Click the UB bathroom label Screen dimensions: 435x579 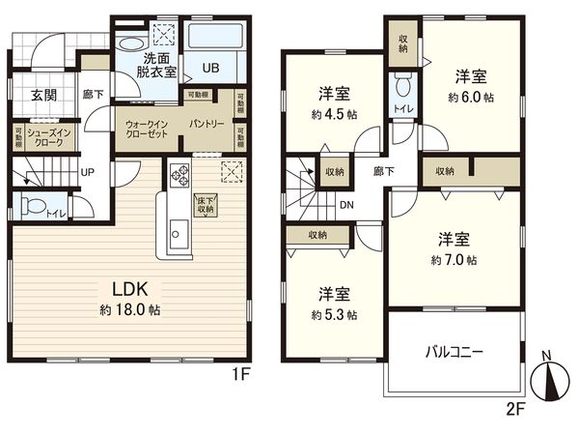pyautogui.click(x=211, y=68)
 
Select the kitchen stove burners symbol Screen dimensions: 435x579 pyautogui.click(x=180, y=174)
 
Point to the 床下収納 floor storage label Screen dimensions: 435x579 pyautogui.click(x=206, y=206)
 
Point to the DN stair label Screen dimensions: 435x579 pyautogui.click(x=345, y=205)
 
